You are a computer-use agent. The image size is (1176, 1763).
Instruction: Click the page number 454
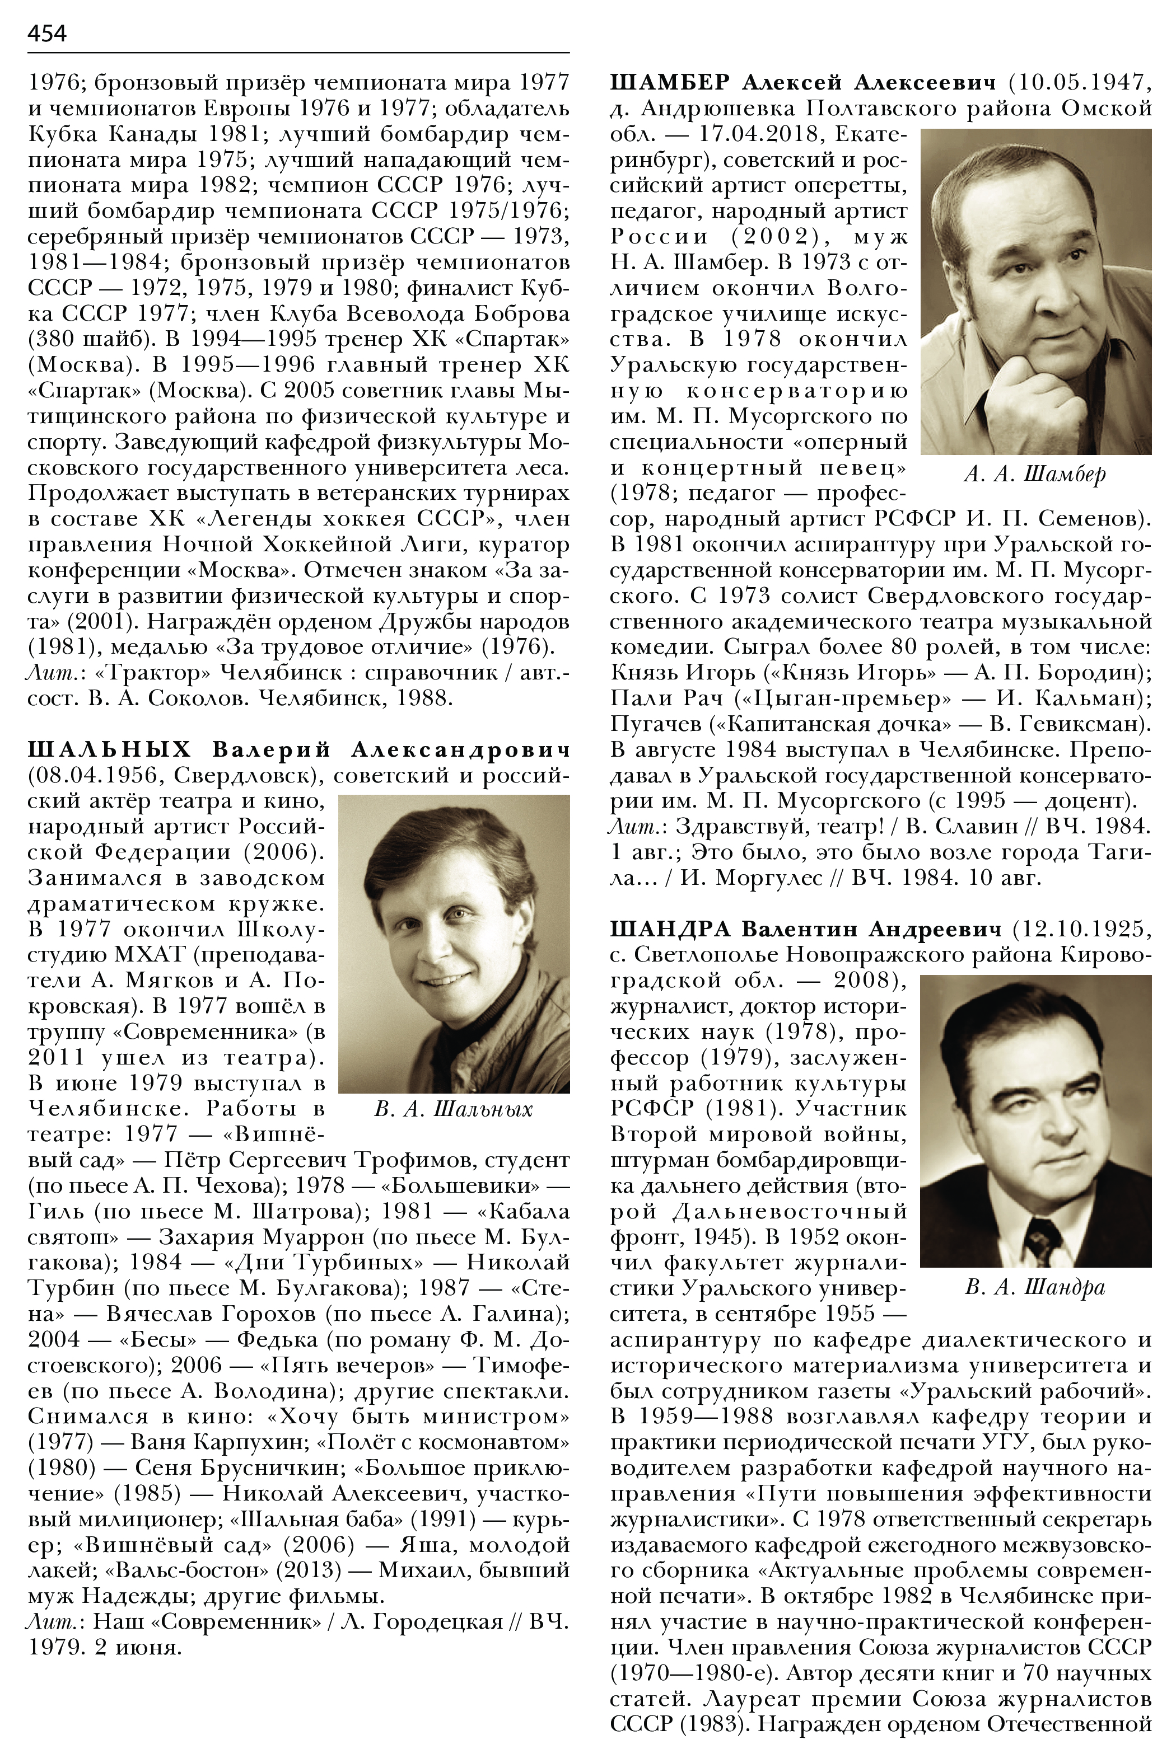(x=47, y=34)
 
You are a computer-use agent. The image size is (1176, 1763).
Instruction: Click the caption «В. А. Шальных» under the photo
(x=453, y=1109)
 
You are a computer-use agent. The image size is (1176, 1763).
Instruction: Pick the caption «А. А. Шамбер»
(x=1035, y=475)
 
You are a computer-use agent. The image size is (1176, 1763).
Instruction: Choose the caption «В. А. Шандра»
(x=1035, y=1287)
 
